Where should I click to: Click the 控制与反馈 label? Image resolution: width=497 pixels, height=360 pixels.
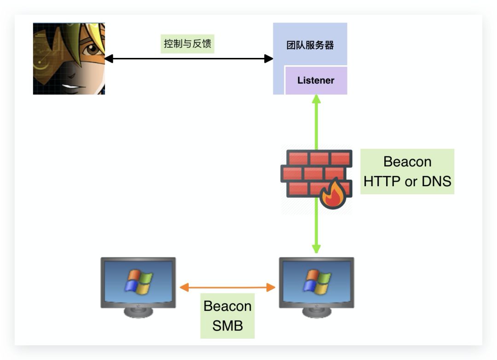click(x=188, y=44)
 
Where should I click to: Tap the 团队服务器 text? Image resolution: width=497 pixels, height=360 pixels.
click(x=310, y=46)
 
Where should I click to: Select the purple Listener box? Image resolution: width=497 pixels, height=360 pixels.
click(x=316, y=80)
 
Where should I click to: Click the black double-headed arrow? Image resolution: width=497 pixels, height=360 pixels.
click(x=189, y=59)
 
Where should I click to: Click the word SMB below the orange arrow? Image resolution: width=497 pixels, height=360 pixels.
click(x=227, y=326)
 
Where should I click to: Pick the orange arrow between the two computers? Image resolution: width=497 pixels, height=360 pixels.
click(x=227, y=288)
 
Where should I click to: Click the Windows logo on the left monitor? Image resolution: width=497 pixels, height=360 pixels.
click(x=138, y=281)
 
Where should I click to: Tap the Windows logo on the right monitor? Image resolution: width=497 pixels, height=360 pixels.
click(x=317, y=281)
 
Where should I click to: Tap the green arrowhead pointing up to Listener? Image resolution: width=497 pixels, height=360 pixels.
click(x=316, y=99)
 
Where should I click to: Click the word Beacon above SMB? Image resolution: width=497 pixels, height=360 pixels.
click(x=227, y=306)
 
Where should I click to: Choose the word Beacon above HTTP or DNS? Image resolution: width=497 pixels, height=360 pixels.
click(x=407, y=162)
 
